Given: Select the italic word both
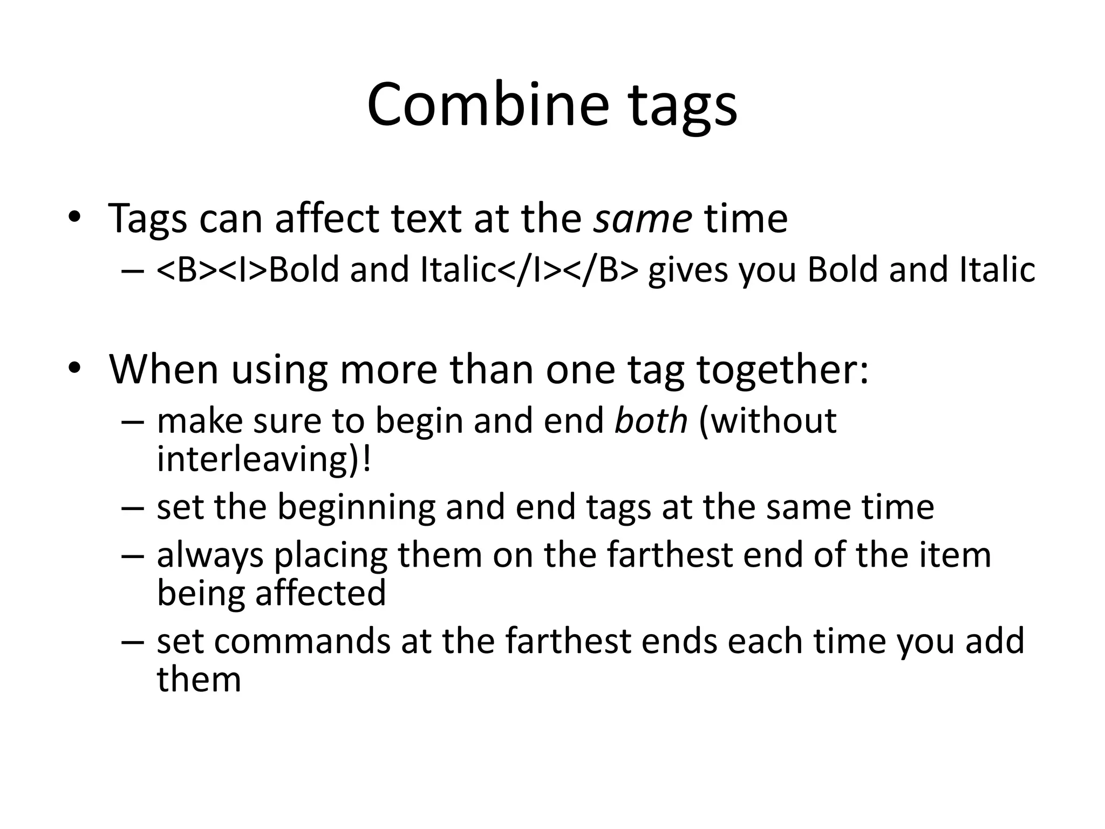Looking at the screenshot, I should coord(651,421).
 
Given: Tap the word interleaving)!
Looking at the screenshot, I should coord(264,459).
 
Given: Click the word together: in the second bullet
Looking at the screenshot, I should coord(783,370).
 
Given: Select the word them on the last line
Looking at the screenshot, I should coord(199,679).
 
